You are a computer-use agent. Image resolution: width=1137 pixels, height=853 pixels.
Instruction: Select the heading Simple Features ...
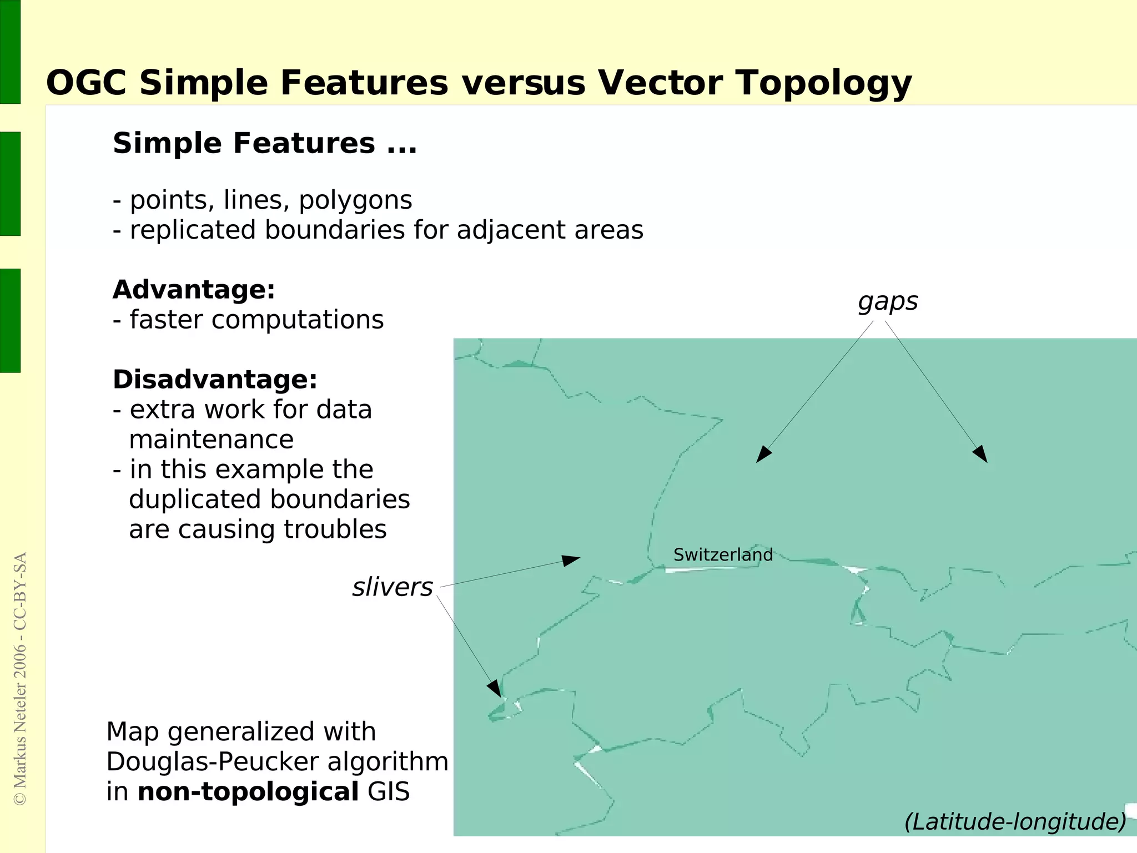[x=244, y=143]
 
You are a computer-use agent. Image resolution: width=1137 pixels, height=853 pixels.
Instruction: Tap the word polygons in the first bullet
[x=355, y=201]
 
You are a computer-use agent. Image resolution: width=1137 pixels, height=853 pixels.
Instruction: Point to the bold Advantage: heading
[x=194, y=290]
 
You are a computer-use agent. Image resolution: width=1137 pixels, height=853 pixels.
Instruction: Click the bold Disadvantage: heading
[x=215, y=380]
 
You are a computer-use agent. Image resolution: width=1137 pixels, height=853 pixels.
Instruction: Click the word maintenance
[x=211, y=440]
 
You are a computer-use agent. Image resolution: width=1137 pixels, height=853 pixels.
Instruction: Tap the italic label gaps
[x=888, y=302]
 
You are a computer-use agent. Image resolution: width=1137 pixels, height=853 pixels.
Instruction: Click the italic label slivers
[x=392, y=588]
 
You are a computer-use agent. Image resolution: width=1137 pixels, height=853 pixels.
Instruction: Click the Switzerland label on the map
[x=723, y=555]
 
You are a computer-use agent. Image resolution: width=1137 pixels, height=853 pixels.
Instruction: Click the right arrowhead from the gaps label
[x=981, y=454]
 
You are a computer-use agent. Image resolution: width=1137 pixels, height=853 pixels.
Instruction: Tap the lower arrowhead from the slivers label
[x=495, y=689]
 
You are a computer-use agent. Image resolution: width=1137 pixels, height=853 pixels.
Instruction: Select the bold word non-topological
[x=248, y=792]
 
